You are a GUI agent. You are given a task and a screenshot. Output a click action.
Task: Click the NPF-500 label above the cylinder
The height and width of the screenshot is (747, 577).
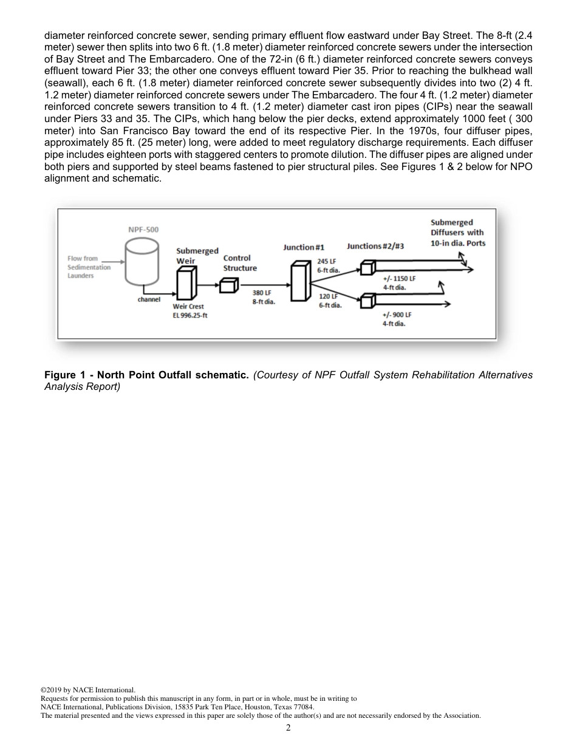point(143,230)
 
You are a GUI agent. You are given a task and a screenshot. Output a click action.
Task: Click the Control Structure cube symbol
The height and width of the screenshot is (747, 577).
point(229,284)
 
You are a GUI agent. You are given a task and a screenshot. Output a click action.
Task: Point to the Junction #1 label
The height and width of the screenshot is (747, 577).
point(304,247)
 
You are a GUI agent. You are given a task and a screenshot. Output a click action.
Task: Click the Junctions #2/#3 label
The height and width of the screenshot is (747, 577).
point(375,246)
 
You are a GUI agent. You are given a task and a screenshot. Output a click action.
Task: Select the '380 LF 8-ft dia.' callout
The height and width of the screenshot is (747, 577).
point(263,298)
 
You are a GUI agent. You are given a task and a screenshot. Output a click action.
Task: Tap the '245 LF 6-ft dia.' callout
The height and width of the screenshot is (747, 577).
point(329,265)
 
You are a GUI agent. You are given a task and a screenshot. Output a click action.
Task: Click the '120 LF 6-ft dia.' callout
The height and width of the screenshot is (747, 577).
point(330,301)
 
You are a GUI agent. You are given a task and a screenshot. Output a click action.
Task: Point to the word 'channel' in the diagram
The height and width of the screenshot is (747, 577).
point(149,299)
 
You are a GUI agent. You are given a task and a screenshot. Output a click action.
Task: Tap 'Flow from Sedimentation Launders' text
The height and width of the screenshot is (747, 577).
point(89,267)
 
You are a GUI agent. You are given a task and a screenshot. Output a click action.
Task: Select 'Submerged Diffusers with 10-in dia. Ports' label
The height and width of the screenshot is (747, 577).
point(457,233)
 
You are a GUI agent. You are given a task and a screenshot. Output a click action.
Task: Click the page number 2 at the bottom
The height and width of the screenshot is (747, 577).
point(288,728)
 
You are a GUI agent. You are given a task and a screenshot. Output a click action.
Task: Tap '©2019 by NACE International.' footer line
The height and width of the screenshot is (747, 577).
point(87,690)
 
